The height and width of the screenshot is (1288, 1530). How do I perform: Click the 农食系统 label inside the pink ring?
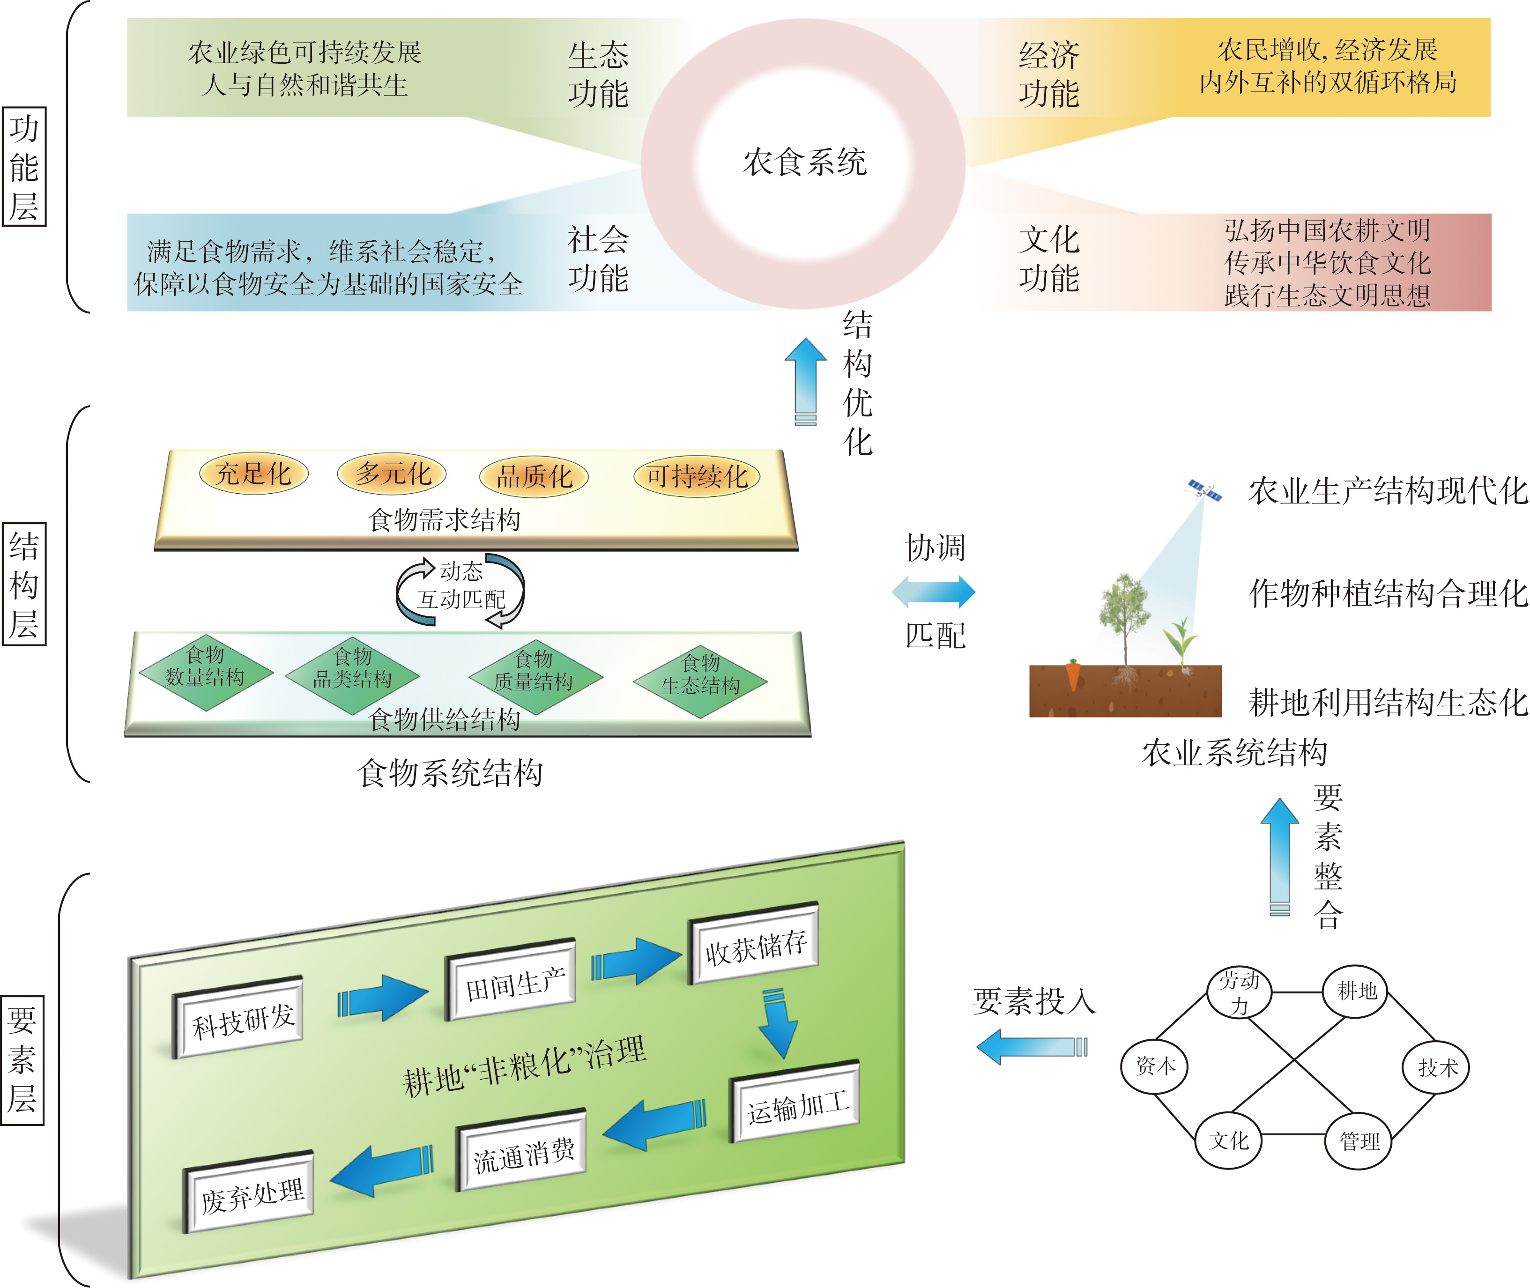click(x=804, y=162)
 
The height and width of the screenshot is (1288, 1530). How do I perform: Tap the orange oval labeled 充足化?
click(x=253, y=474)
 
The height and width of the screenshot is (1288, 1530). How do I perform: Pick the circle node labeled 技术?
click(x=1436, y=1067)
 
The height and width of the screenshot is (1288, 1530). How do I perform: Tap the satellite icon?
click(x=1204, y=490)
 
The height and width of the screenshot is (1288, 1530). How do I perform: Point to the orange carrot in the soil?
click(x=1072, y=673)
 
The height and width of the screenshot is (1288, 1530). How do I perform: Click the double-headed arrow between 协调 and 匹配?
click(x=933, y=592)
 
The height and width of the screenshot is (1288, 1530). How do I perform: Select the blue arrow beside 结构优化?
click(x=806, y=380)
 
